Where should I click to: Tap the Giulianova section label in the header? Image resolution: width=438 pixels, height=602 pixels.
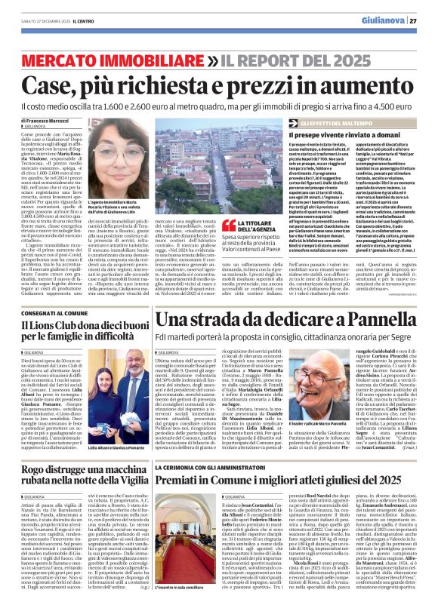click(x=383, y=20)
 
